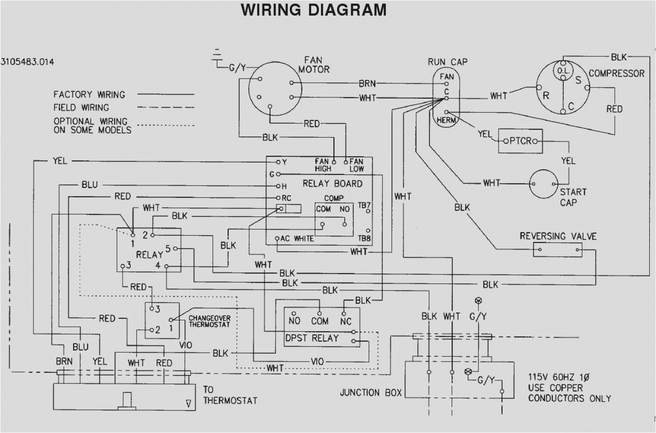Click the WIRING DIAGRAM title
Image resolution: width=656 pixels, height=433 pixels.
pos(314,10)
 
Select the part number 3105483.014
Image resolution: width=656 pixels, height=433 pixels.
pos(27,62)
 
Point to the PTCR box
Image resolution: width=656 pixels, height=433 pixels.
pos(520,141)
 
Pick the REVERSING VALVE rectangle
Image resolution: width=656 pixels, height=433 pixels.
pos(557,250)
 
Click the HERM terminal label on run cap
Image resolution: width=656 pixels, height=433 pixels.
pos(446,120)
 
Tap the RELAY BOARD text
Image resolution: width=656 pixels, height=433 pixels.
pos(332,183)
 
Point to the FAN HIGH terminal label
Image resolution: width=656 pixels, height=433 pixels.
pos(322,165)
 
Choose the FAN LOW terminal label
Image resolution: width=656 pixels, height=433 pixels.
pos(356,165)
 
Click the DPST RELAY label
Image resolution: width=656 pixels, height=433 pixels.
pos(312,338)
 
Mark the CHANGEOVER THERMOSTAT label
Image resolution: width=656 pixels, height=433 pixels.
pos(209,321)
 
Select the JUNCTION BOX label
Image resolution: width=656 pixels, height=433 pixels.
pos(371,393)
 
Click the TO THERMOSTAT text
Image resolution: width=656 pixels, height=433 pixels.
pos(230,395)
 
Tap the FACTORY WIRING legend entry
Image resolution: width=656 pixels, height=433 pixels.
pos(89,95)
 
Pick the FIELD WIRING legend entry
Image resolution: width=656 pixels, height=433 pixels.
pos(81,108)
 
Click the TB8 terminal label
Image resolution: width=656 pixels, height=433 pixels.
pos(364,238)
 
